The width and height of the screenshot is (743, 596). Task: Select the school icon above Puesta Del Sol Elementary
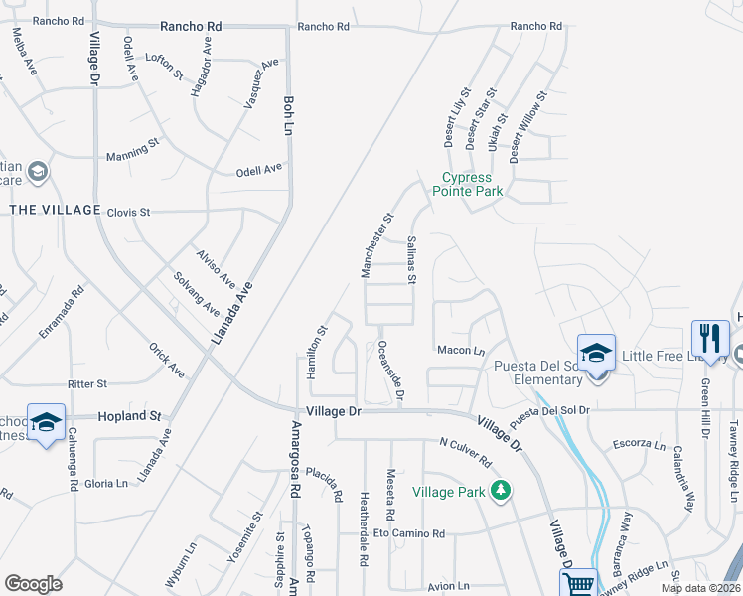point(596,355)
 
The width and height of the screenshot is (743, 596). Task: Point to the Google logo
point(33,584)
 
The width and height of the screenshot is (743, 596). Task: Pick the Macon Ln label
point(460,350)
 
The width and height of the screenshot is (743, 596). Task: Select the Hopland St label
point(129,416)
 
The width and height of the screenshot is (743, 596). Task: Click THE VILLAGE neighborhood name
point(56,210)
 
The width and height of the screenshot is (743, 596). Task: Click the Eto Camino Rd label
point(409,534)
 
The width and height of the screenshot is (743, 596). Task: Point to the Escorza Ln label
point(639,443)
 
